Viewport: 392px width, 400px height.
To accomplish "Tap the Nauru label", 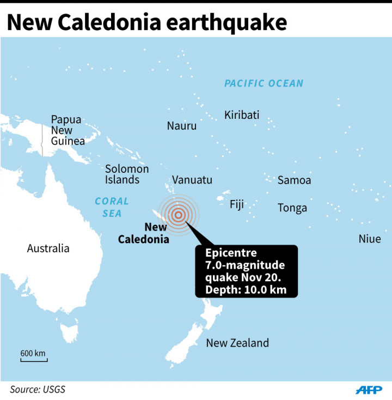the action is [181, 126].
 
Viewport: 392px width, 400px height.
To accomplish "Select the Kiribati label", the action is [242, 115].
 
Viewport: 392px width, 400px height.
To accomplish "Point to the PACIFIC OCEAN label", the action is [264, 83].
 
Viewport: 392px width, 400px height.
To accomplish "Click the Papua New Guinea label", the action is [68, 130].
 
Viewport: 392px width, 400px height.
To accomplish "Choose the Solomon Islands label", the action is [127, 174].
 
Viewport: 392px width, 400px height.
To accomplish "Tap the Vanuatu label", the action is [192, 180].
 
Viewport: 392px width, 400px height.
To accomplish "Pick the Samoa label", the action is [294, 180].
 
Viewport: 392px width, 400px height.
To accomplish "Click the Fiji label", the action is [237, 205].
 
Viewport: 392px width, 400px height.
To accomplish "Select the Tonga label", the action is [292, 208].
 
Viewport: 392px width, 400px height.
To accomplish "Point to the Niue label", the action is [370, 239].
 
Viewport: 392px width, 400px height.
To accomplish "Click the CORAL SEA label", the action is [112, 207].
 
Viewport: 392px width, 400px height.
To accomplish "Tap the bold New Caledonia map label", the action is [143, 233].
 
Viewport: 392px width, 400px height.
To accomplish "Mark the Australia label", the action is [48, 249].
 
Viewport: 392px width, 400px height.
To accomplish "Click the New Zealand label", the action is [237, 343].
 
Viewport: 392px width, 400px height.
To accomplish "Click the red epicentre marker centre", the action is [178, 214].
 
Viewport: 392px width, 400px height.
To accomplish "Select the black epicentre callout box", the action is [247, 271].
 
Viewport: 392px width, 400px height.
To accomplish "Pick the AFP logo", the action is [369, 390].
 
